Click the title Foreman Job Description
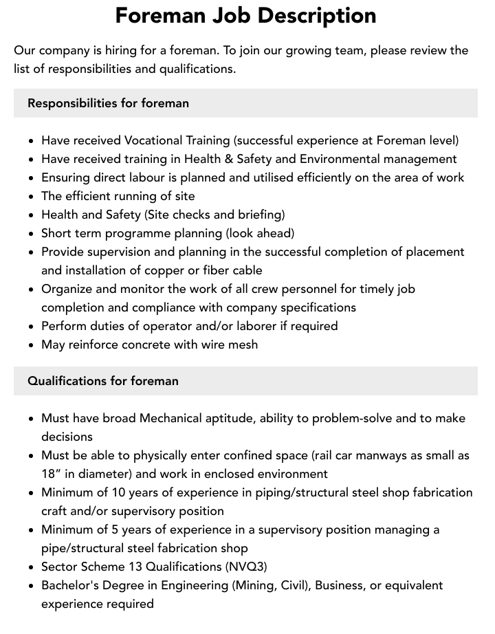click(x=245, y=16)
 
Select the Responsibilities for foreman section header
click(x=108, y=103)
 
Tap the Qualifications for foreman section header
click(x=103, y=381)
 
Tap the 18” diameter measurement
click(x=51, y=474)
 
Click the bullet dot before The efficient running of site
click(x=32, y=197)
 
